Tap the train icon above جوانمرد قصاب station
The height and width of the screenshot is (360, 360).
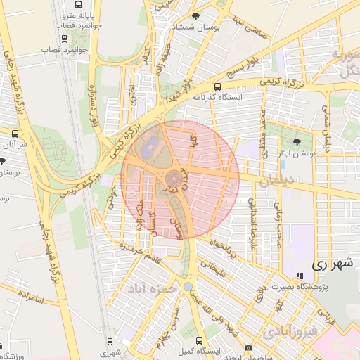click(65, 39)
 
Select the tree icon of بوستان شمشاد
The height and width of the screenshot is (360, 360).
click(195, 15)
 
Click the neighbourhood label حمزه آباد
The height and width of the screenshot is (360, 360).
click(150, 288)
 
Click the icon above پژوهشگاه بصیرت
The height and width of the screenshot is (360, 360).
click(300, 276)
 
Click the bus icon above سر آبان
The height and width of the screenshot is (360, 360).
click(15, 132)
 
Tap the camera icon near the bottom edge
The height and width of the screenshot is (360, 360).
click(248, 348)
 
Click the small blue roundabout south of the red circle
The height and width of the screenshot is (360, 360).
click(187, 286)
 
